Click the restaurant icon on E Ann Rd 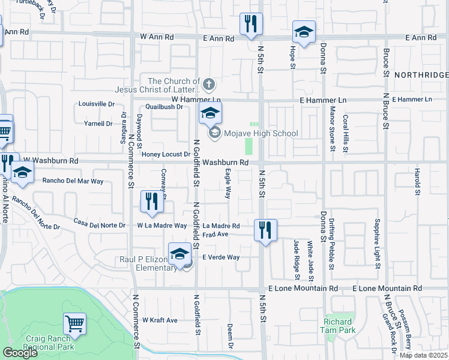point(249,25)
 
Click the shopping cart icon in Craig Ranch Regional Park point(75,325)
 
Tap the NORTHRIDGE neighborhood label point(421,74)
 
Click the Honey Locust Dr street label point(166,154)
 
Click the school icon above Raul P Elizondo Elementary point(179,254)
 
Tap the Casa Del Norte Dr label point(100,226)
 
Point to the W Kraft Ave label point(160,320)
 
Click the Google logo point(20,353)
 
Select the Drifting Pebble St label point(331,242)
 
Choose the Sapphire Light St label point(378,243)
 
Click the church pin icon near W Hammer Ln point(208,83)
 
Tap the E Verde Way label point(221,257)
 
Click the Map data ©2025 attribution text point(424,355)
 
